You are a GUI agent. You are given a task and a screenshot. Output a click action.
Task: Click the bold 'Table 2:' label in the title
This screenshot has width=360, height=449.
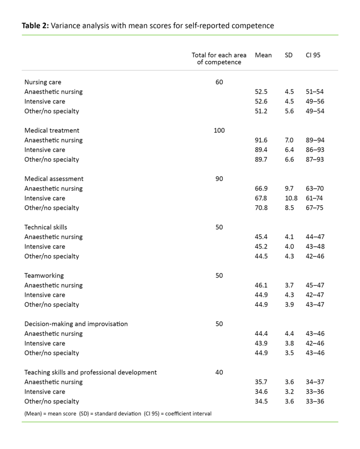(36, 26)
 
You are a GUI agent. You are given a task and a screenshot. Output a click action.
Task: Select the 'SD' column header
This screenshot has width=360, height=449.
(289, 55)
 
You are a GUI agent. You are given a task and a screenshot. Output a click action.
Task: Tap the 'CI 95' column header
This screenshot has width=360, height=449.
(313, 55)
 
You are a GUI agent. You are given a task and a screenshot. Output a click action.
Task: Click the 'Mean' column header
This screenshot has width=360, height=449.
(263, 55)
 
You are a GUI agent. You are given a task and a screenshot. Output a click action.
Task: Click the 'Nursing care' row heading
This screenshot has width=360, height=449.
(43, 82)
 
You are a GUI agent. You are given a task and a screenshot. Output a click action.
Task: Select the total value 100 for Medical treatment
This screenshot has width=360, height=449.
(219, 130)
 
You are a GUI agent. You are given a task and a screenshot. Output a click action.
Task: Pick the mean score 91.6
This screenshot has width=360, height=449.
(261, 140)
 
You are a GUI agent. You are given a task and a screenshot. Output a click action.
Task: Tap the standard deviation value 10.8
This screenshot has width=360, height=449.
(291, 198)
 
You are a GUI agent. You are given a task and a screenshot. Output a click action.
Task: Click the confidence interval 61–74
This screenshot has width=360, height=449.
(315, 198)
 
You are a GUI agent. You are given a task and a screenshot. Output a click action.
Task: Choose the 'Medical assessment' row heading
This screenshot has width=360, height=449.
(54, 179)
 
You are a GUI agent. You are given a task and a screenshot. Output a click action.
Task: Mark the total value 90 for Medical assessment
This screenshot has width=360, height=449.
(219, 179)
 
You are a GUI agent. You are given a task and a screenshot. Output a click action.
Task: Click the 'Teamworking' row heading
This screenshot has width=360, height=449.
(44, 275)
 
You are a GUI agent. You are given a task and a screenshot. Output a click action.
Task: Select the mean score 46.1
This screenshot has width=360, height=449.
(261, 285)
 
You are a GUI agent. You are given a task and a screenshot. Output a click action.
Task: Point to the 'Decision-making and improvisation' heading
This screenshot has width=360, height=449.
(76, 324)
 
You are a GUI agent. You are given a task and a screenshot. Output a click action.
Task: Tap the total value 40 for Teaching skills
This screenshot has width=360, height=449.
(219, 372)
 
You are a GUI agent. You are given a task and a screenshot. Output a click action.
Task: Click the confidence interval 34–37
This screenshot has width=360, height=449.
(315, 382)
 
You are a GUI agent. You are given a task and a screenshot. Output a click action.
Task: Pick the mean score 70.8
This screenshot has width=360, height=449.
(261, 208)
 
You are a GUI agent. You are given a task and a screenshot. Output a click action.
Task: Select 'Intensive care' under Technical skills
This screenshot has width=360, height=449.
(45, 246)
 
